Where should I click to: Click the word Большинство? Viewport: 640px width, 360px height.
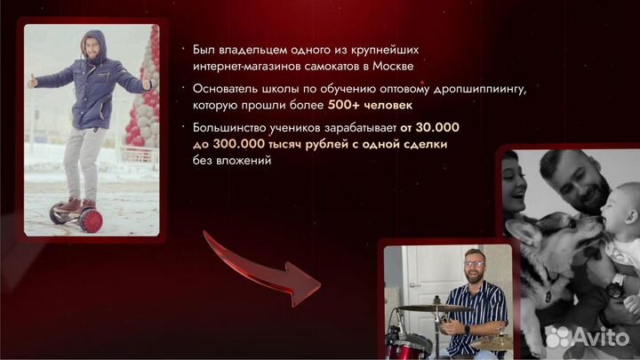click(228, 128)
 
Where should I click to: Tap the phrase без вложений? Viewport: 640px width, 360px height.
click(223, 160)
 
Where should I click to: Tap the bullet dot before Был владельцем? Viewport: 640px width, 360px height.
click(182, 50)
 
